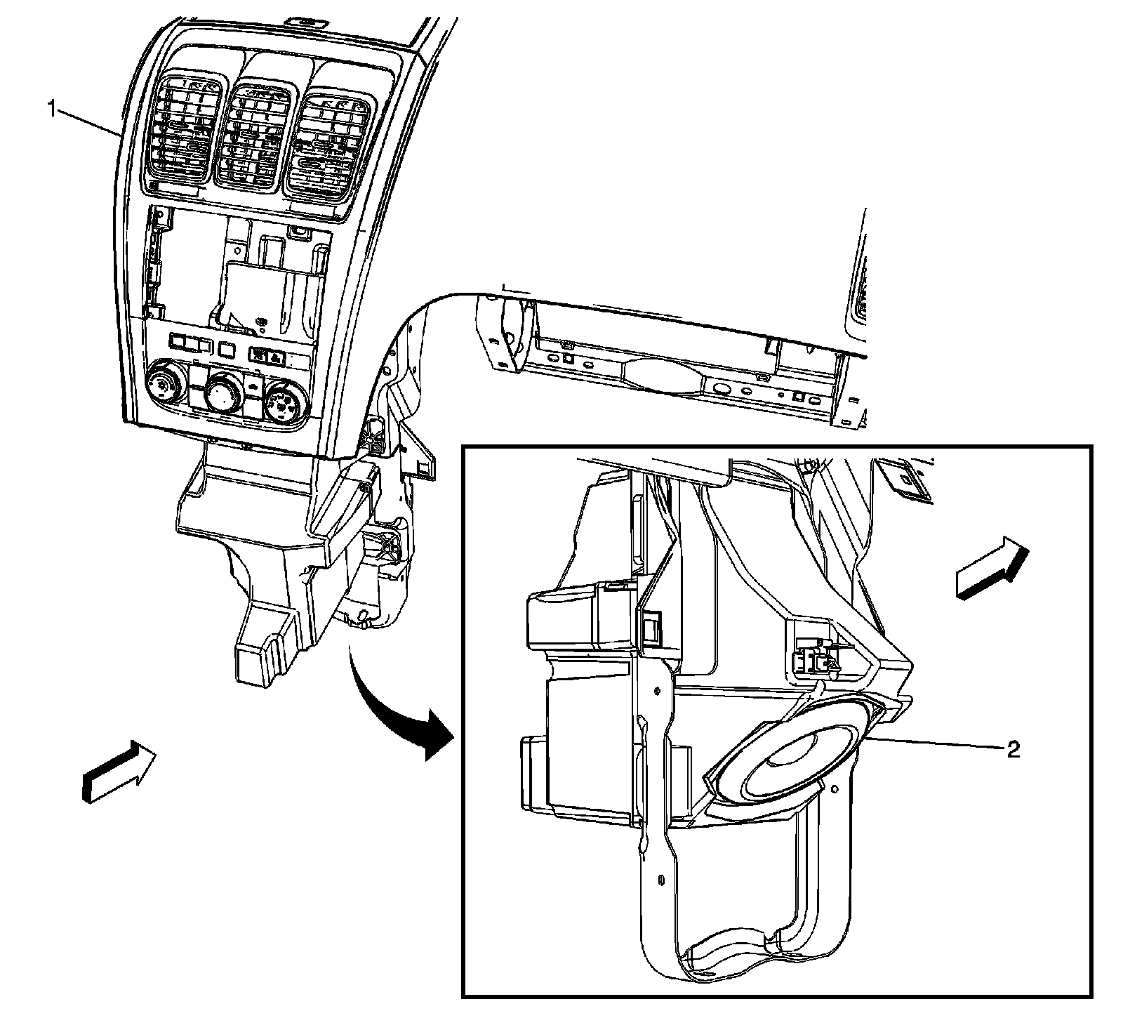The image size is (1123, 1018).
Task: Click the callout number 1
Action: [x=51, y=108]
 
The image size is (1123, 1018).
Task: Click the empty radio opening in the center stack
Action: [x=239, y=267]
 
